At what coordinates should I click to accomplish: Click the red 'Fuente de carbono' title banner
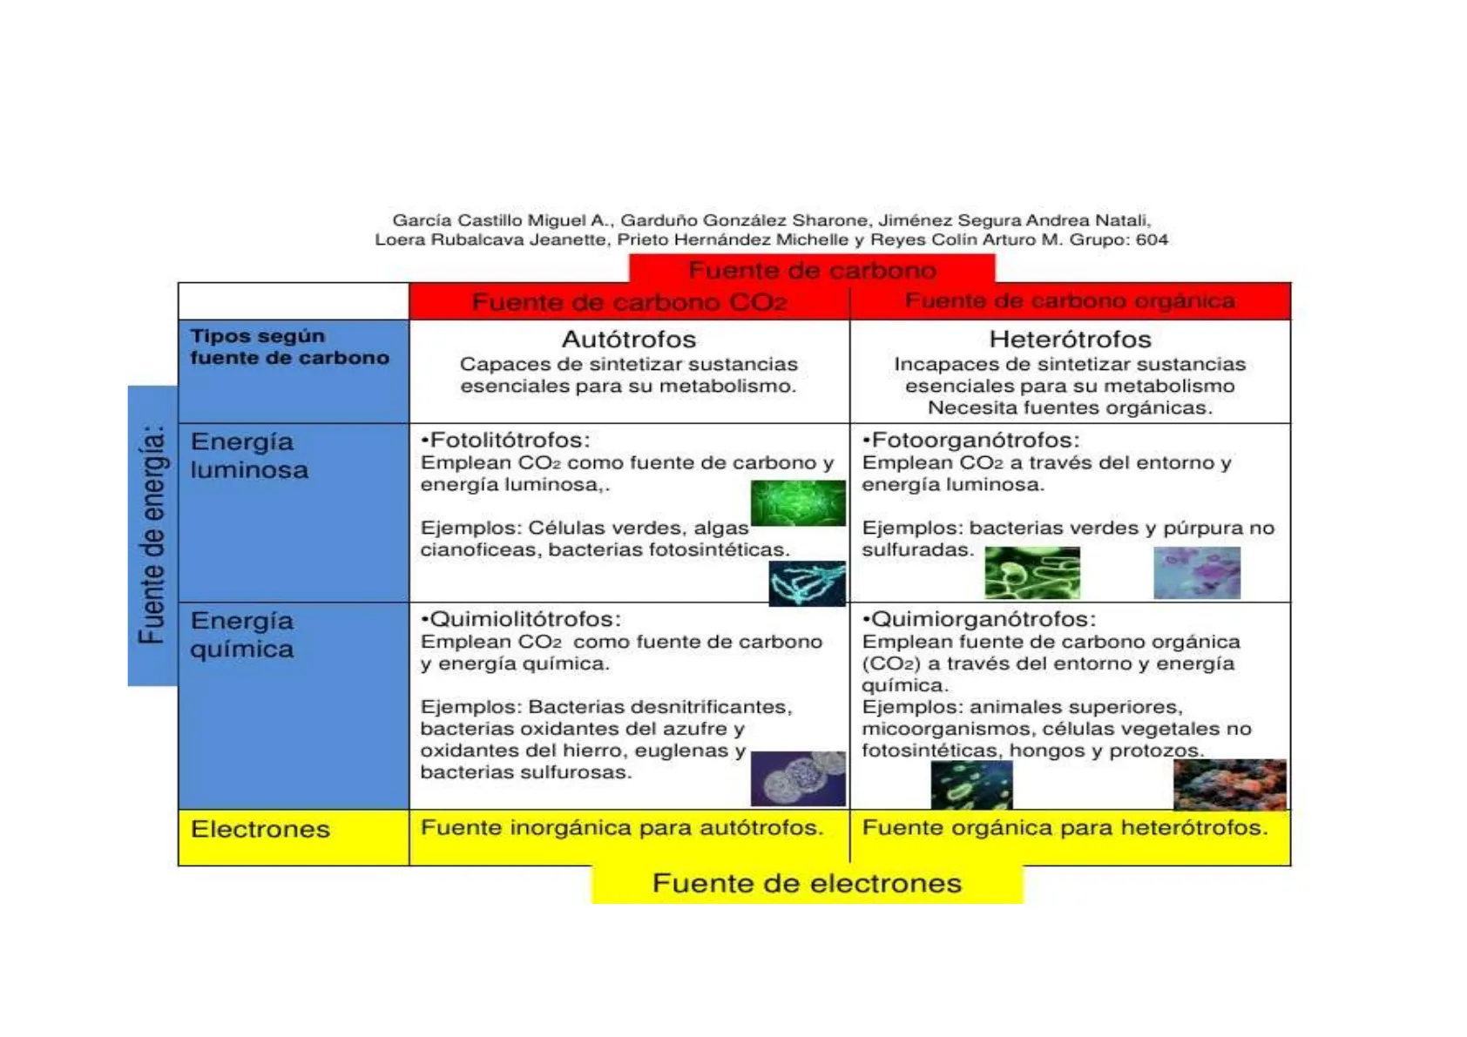tap(812, 270)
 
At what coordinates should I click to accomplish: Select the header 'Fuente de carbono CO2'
tap(629, 302)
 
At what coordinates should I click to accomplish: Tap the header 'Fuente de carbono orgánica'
tap(1070, 301)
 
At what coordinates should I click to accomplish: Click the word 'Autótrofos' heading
tap(629, 339)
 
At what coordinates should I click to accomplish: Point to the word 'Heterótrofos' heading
tap(1070, 339)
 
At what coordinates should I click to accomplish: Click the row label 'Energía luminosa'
tap(249, 455)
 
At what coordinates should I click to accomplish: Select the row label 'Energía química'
tap(242, 635)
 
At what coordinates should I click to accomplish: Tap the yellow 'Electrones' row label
tap(260, 829)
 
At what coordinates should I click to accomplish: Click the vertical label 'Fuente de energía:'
tap(152, 535)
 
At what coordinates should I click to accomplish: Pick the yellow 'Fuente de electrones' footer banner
tap(807, 884)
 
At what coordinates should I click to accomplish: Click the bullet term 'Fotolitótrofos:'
tap(506, 441)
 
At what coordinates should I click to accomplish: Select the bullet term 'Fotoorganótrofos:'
tap(971, 441)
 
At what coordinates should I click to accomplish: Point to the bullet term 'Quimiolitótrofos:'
tap(521, 619)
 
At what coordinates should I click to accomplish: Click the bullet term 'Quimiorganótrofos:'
tap(979, 619)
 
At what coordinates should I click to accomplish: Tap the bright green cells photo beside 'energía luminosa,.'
tap(798, 502)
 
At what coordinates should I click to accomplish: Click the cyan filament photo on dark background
tap(807, 583)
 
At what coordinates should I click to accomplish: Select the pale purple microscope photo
tap(1196, 573)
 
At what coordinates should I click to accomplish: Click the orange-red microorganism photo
tap(1229, 784)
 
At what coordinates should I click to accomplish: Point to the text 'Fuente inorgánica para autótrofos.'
tap(622, 827)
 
